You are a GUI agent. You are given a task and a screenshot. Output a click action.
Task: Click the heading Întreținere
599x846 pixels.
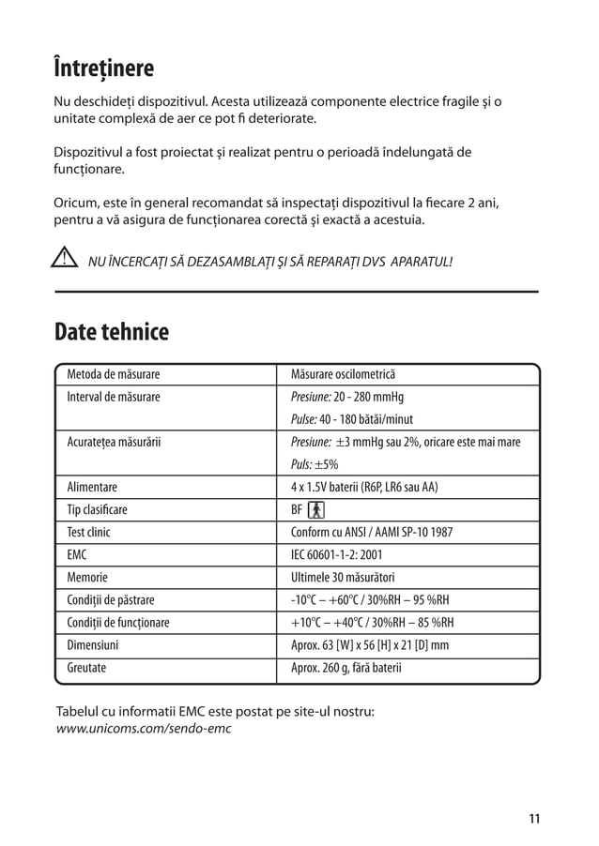[104, 70]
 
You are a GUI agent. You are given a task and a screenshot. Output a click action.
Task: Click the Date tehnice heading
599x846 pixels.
[112, 332]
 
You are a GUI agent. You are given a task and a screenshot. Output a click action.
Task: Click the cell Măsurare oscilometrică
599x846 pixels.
[344, 374]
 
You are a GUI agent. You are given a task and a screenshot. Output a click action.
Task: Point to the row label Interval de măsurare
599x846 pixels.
[113, 397]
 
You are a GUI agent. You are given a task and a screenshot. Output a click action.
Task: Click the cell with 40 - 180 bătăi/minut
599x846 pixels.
[352, 419]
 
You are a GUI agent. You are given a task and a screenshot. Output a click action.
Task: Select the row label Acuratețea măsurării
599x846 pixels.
[114, 442]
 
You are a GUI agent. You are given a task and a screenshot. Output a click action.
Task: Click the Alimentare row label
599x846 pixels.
[92, 487]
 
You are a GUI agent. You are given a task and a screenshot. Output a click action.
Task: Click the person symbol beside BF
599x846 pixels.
[315, 509]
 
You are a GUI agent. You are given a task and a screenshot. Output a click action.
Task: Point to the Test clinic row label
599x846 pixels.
[89, 532]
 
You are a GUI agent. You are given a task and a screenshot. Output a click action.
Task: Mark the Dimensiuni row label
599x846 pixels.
[93, 645]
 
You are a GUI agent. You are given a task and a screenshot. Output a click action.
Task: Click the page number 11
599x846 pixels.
[533, 818]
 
